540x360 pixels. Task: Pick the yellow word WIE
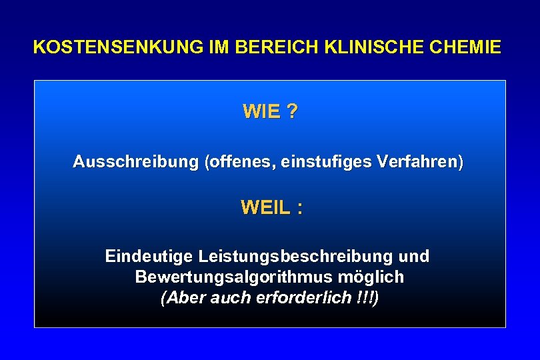(x=261, y=112)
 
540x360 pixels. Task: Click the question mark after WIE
(x=293, y=112)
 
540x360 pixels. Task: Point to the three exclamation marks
(x=365, y=297)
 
